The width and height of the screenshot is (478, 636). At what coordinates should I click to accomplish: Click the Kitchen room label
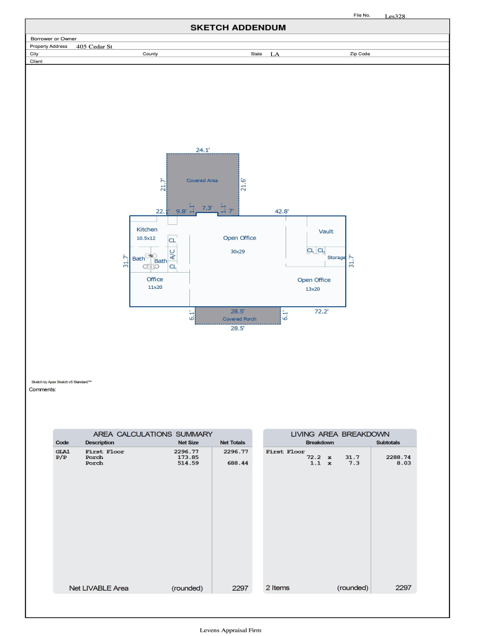(147, 230)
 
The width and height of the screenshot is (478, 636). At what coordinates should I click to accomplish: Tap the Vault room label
(326, 232)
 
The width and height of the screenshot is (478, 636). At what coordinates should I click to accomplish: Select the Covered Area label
(202, 181)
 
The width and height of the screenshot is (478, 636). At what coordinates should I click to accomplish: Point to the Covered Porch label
(239, 319)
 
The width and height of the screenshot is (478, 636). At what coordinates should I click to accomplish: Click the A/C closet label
(173, 254)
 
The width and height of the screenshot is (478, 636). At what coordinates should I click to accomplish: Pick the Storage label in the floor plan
(336, 258)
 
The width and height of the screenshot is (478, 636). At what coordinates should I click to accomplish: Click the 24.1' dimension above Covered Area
(203, 150)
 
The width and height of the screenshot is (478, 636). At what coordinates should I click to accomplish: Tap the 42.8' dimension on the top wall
(282, 211)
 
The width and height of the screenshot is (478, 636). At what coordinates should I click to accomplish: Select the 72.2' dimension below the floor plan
(322, 312)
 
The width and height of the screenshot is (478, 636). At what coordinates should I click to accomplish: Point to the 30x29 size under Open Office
(238, 252)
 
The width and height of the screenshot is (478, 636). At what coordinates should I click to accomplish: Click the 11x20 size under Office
(155, 287)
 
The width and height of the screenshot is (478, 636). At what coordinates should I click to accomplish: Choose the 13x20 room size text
(313, 289)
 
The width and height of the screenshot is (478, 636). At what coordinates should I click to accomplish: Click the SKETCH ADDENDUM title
(238, 27)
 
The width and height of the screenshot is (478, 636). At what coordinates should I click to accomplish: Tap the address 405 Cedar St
(94, 47)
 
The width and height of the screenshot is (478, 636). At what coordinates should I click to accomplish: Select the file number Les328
(395, 16)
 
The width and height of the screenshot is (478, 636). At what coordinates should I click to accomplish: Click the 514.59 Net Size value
(188, 463)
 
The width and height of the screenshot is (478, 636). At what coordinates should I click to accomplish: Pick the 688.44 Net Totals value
(238, 463)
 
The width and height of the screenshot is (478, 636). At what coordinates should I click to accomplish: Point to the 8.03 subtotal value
(404, 463)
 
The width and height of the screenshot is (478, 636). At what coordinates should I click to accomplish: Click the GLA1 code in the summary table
(63, 452)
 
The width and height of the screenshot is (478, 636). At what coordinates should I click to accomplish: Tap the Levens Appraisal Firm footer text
(230, 630)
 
